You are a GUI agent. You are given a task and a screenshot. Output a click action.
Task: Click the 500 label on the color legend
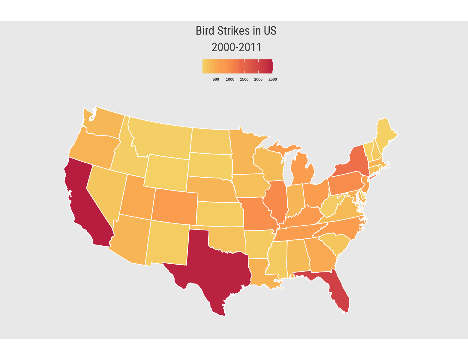point(216,79)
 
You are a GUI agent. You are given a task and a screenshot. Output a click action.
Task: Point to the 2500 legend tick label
point(272,79)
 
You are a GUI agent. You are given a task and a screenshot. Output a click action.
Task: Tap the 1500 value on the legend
point(244,79)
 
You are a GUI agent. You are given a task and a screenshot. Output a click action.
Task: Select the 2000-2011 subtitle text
point(236,47)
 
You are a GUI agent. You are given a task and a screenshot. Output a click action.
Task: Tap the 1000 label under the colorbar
point(230,79)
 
